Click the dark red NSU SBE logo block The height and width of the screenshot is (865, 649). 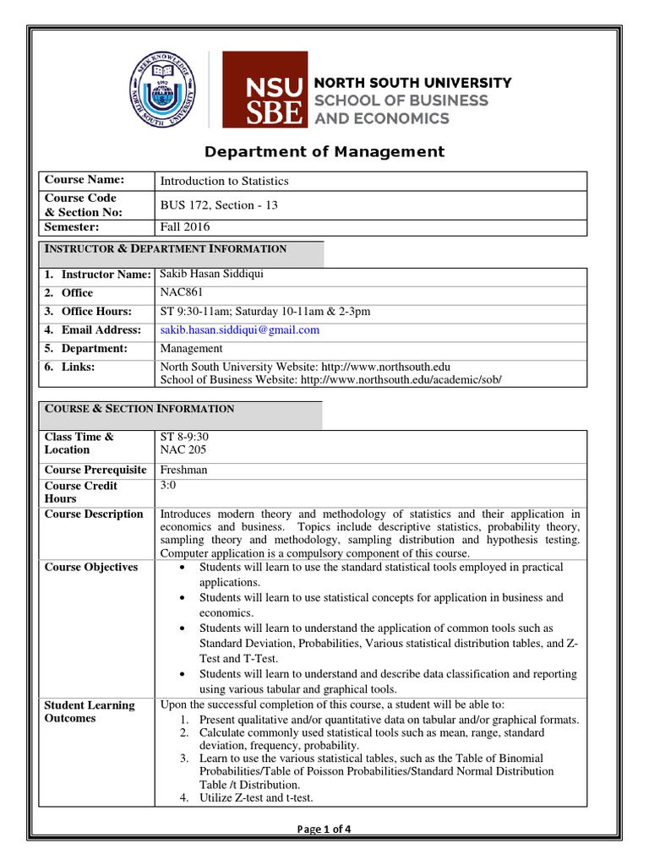coord(264,90)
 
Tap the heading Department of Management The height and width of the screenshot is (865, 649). coord(324,152)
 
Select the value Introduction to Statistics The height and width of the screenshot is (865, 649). coord(224,181)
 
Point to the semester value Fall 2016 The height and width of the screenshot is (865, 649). coord(185,227)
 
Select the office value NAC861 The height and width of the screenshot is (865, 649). coord(182,293)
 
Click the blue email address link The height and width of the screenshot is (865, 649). coord(240,330)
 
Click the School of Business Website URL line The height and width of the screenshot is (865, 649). coord(330,379)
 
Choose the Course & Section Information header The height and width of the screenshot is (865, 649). coord(139,409)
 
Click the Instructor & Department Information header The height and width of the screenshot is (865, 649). coord(165,249)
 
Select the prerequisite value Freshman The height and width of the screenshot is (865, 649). coord(183,470)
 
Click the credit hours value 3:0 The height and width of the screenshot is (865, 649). coord(169,486)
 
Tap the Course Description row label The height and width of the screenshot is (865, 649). coord(94,514)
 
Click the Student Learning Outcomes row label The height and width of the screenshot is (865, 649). coord(90,712)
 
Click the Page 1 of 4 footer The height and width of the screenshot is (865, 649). coord(324,829)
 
